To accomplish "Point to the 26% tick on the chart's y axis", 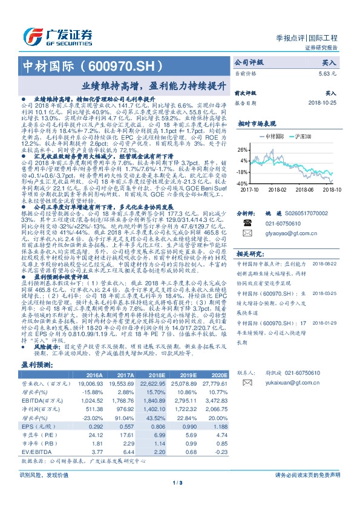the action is pos(242,149).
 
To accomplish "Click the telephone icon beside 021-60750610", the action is pos(247,222).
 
